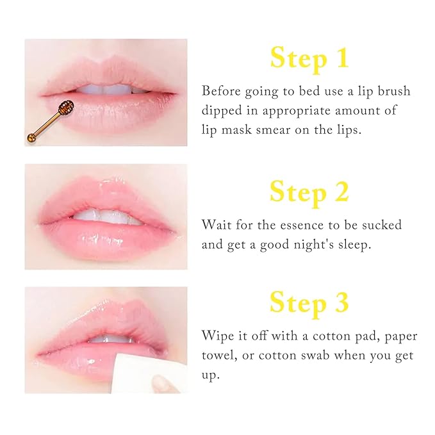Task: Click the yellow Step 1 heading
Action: (309, 58)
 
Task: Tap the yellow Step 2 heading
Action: (309, 192)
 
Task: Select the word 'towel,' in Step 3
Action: (220, 355)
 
